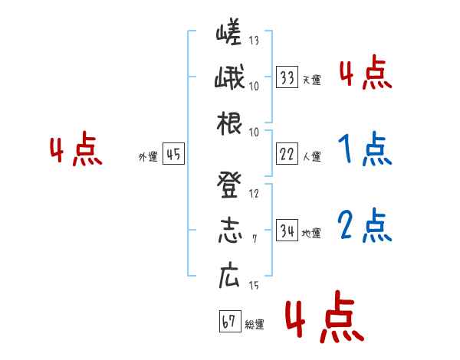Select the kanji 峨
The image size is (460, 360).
228,79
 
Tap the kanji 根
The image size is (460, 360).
228,122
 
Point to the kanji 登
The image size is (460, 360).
228,185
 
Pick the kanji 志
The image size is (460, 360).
228,231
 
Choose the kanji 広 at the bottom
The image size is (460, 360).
228,276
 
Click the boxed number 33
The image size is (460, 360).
287,77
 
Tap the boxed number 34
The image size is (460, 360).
287,231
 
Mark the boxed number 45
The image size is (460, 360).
173,154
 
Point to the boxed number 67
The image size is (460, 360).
227,321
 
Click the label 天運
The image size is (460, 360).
311,80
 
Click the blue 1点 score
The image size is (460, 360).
364,149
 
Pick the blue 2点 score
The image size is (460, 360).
364,225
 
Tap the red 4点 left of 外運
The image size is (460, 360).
76,150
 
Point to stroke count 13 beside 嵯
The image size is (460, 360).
254,41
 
